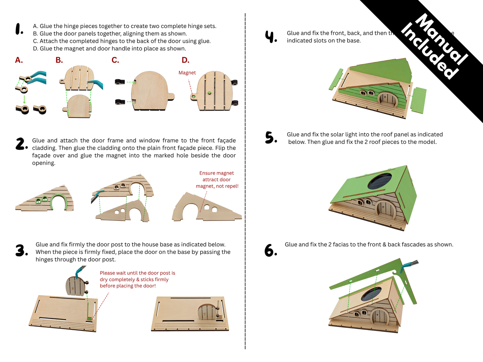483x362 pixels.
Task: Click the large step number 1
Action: tap(19, 29)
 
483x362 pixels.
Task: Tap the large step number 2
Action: tap(21, 144)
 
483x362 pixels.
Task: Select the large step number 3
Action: tap(21, 250)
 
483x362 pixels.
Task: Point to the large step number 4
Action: tap(271, 36)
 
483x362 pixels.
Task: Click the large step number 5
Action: tap(271, 137)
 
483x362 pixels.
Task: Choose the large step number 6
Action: tap(270, 250)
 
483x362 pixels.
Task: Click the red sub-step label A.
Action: tap(19, 60)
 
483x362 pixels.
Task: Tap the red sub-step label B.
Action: tap(59, 60)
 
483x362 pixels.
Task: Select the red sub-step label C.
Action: tap(115, 60)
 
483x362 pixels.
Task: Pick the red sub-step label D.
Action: tap(185, 60)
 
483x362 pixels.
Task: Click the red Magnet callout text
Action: tap(187, 73)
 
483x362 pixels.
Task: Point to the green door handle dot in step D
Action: tap(209, 93)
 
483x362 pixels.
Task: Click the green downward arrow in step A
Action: tap(24, 99)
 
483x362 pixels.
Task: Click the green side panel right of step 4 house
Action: tap(418, 100)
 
